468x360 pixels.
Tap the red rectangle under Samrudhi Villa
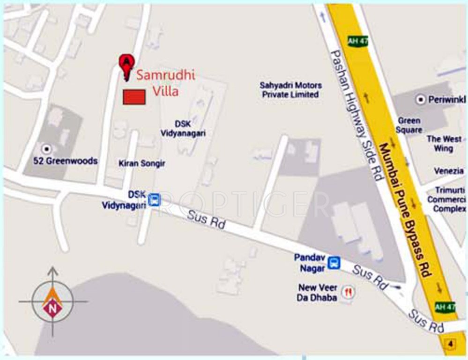(x=134, y=97)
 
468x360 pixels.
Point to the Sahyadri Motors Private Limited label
(x=291, y=90)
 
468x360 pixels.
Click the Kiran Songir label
(x=142, y=163)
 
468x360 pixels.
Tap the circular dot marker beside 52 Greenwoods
(x=46, y=149)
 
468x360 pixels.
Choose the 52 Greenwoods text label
(x=65, y=161)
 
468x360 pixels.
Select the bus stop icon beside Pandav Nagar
(x=334, y=262)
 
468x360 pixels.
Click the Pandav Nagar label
(x=310, y=262)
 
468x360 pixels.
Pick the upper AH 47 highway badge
(x=358, y=41)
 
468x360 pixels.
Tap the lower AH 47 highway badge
(x=445, y=307)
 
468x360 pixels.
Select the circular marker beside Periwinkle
(x=420, y=99)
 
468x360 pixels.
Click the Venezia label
(x=448, y=171)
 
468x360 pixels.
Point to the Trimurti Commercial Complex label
(x=446, y=199)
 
